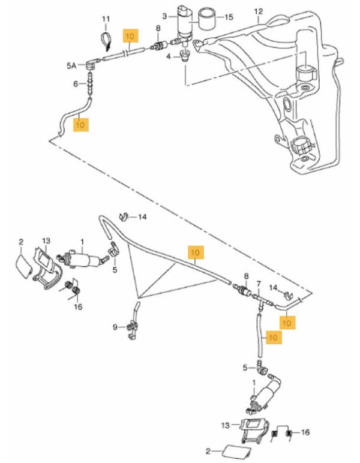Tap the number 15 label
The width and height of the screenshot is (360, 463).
pyautogui.click(x=229, y=17)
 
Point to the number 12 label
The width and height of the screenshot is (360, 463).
pyautogui.click(x=259, y=11)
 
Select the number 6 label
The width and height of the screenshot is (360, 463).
pyautogui.click(x=77, y=84)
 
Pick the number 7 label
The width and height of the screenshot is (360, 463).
pyautogui.click(x=259, y=283)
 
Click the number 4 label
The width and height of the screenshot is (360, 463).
pyautogui.click(x=169, y=56)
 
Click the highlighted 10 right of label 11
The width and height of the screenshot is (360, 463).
pyautogui.click(x=130, y=36)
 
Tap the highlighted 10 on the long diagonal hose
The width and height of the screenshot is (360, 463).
pyautogui.click(x=196, y=253)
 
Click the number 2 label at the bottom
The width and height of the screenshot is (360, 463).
pyautogui.click(x=208, y=450)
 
